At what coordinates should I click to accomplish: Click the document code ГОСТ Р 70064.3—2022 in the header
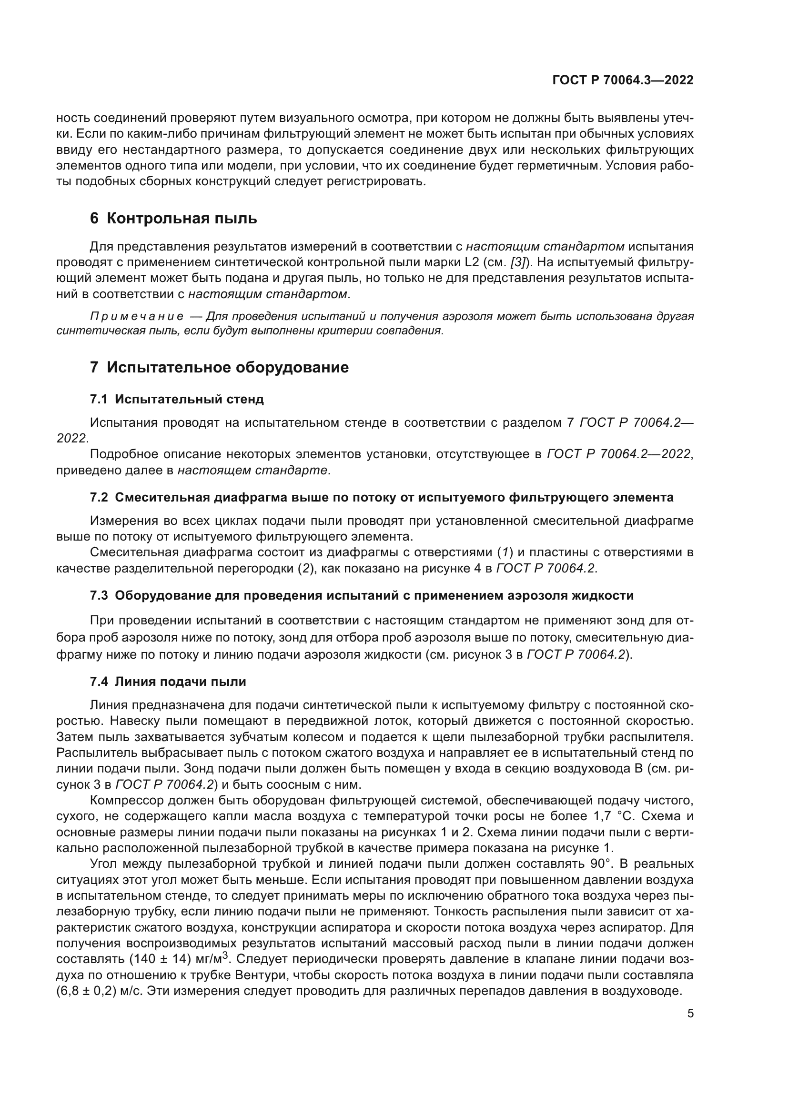tap(623, 80)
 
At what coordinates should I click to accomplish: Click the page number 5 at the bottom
tap(690, 1014)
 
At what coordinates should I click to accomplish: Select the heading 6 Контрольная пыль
tap(173, 218)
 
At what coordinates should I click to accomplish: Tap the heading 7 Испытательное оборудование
tap(219, 367)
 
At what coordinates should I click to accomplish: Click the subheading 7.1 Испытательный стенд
tap(177, 399)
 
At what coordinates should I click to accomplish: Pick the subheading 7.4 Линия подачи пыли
tap(168, 682)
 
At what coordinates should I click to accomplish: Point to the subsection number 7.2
tap(99, 497)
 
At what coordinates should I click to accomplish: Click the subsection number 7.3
tap(99, 595)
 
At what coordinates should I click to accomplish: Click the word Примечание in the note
tap(137, 317)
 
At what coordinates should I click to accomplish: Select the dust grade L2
tap(472, 262)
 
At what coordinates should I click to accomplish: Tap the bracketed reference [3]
tap(517, 262)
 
